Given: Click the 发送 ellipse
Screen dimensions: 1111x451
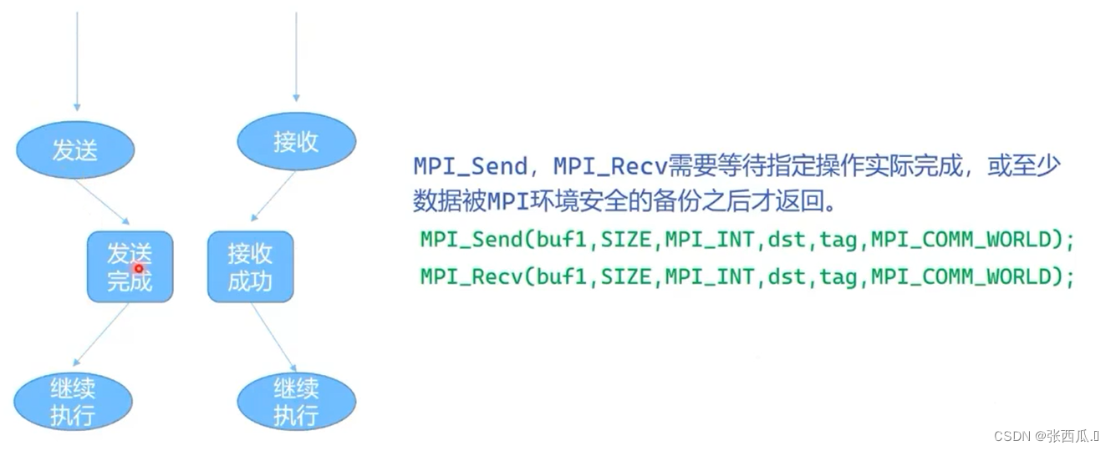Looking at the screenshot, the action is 75,149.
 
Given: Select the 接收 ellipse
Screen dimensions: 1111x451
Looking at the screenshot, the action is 296,141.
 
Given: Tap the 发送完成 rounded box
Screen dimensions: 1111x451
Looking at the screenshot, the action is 130,266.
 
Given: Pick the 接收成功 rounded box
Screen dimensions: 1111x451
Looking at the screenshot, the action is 250,266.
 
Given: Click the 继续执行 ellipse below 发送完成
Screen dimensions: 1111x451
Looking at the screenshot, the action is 73,401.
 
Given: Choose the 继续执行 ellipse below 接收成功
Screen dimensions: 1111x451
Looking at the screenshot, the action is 296,401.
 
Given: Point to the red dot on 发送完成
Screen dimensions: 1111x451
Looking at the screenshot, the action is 139,269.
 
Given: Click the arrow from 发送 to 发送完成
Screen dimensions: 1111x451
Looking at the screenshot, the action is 102,201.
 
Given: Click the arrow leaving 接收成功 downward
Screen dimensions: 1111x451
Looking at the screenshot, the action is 273,337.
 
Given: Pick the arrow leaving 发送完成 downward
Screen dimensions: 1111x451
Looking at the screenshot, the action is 102,334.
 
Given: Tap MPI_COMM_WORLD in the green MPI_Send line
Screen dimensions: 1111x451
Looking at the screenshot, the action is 961,240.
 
